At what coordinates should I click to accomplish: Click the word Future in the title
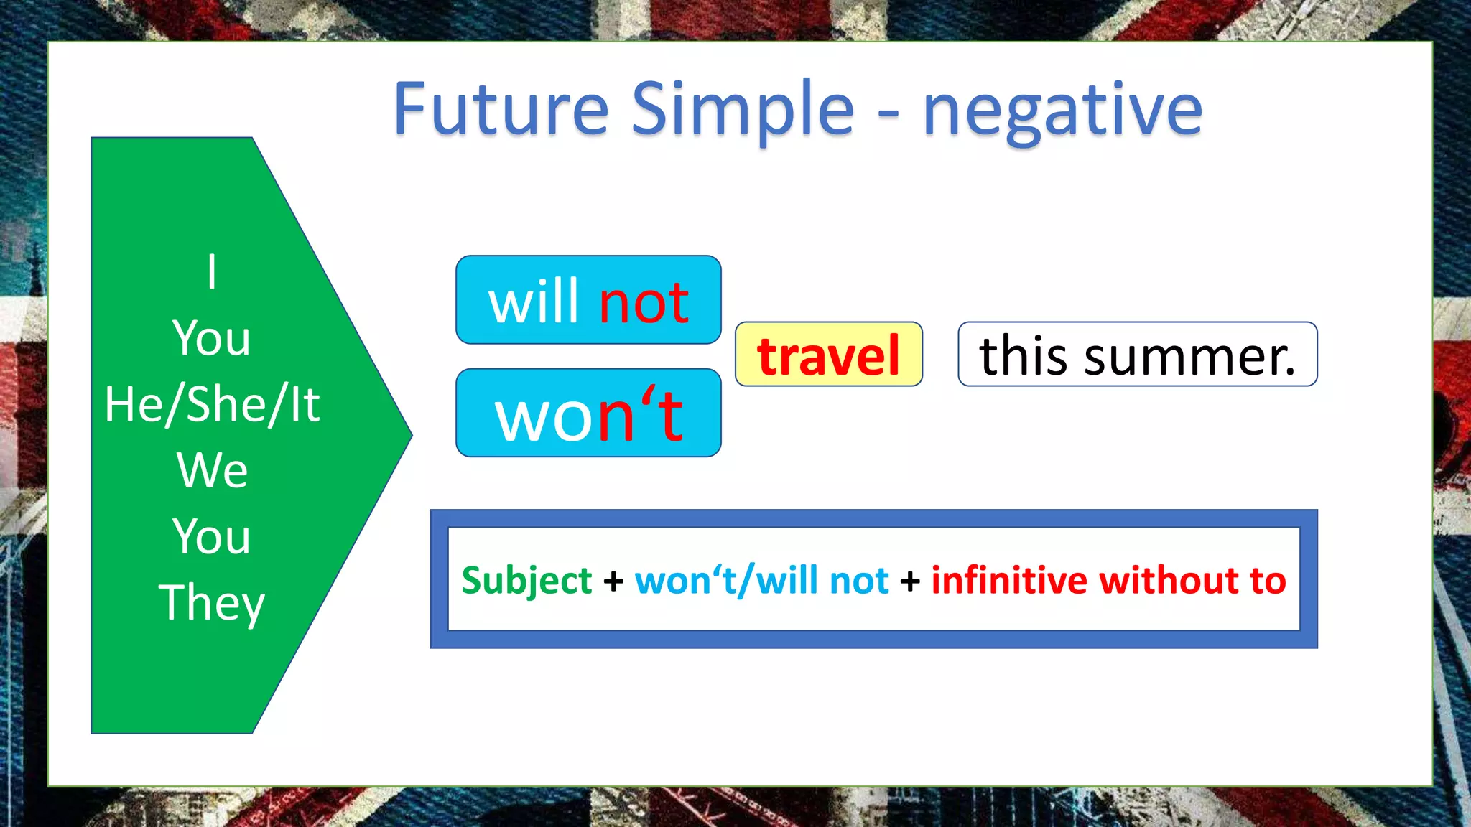[x=501, y=109]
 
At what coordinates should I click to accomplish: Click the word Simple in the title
[x=742, y=109]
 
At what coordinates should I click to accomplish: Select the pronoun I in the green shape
[x=211, y=272]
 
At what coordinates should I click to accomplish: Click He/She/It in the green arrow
[x=212, y=404]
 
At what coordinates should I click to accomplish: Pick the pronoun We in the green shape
[x=212, y=470]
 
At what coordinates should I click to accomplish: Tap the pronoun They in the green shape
[x=212, y=603]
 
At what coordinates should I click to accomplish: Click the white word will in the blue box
[x=534, y=302]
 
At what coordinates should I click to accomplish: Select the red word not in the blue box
[x=644, y=302]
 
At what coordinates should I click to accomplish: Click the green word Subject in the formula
[x=526, y=581]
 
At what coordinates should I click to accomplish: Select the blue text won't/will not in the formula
[x=761, y=581]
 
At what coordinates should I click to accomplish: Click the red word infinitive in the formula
[x=1009, y=580]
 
